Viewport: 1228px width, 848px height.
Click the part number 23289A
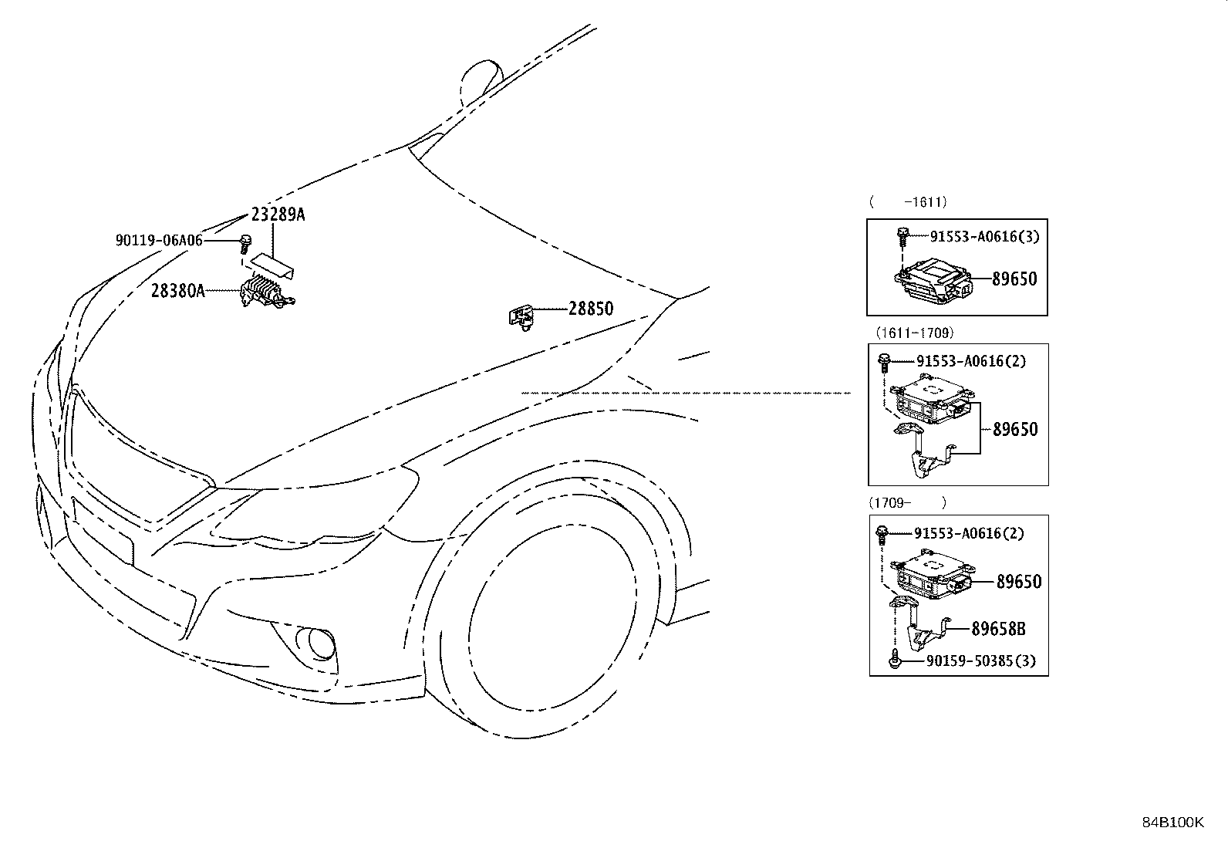[278, 214]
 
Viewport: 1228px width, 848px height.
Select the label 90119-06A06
[159, 240]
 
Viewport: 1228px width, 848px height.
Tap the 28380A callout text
[177, 291]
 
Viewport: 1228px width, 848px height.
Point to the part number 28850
[590, 309]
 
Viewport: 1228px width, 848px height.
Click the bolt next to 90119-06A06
[245, 244]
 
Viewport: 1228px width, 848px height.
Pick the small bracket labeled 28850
[521, 317]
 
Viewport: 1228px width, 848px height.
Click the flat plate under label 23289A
[272, 266]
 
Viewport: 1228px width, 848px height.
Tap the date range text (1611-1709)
[914, 333]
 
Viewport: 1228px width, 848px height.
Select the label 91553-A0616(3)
[984, 236]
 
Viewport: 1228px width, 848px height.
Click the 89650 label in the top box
[1014, 279]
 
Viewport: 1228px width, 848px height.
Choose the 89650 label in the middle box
[1015, 429]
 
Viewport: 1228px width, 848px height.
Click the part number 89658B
[998, 629]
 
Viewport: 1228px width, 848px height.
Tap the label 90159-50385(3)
[981, 661]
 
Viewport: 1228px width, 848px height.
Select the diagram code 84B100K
[1172, 823]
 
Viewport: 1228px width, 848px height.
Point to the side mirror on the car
[481, 81]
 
